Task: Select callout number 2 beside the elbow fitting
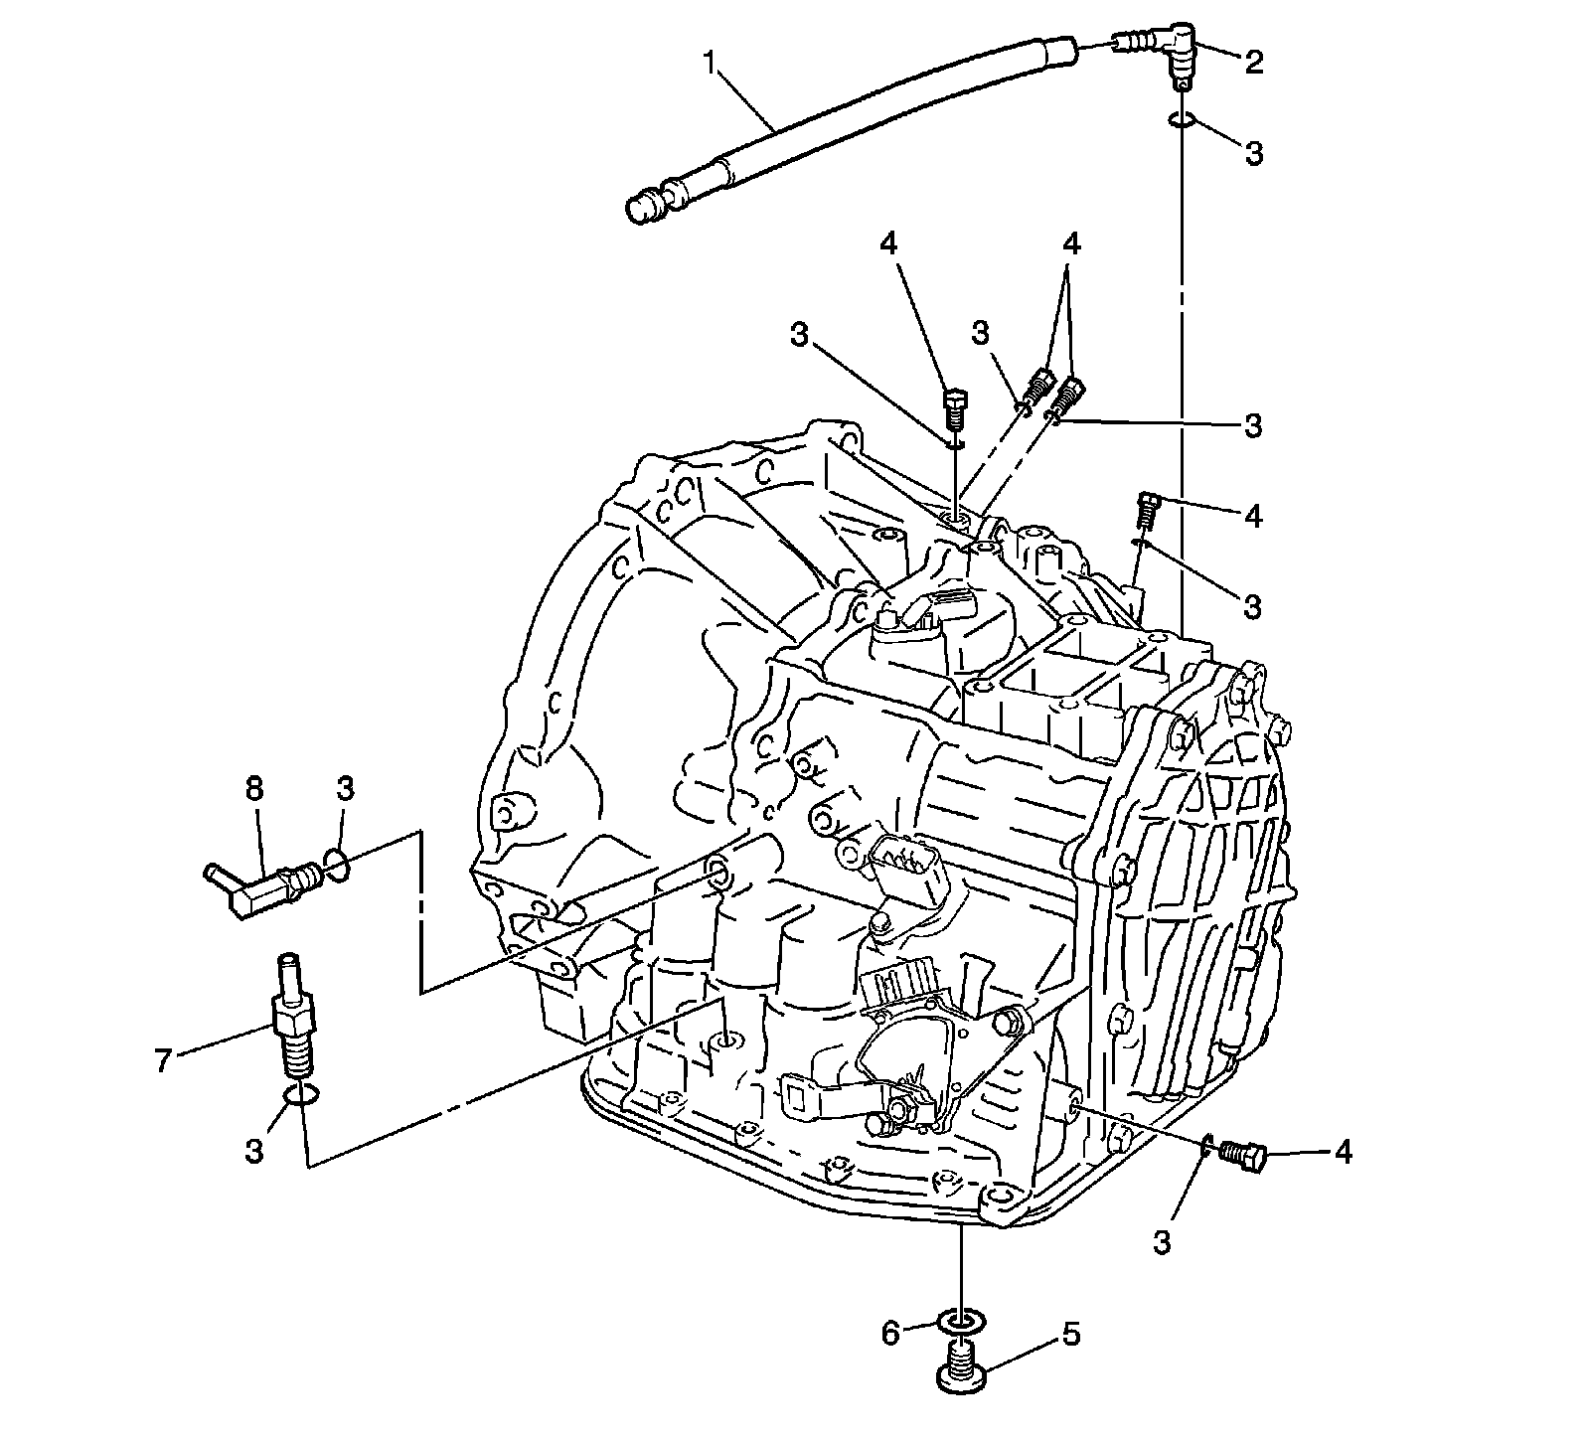[x=1253, y=62]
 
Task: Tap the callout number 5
[x=1070, y=1334]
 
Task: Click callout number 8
[x=255, y=790]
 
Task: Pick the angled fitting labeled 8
[x=260, y=881]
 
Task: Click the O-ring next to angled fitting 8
[x=336, y=867]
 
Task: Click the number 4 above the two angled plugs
[x=1070, y=243]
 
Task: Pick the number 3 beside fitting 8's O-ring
[x=345, y=790]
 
